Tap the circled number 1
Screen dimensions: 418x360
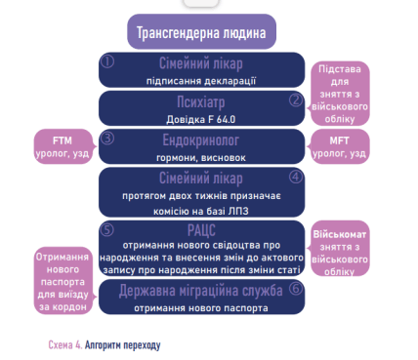coord(108,60)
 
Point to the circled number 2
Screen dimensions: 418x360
coord(295,99)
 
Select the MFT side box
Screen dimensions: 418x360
coord(348,144)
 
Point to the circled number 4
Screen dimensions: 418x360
coord(295,177)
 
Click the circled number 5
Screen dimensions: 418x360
coord(109,228)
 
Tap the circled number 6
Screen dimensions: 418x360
coord(294,290)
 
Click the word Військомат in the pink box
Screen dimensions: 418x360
coord(342,237)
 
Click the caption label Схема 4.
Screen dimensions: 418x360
coord(64,345)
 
